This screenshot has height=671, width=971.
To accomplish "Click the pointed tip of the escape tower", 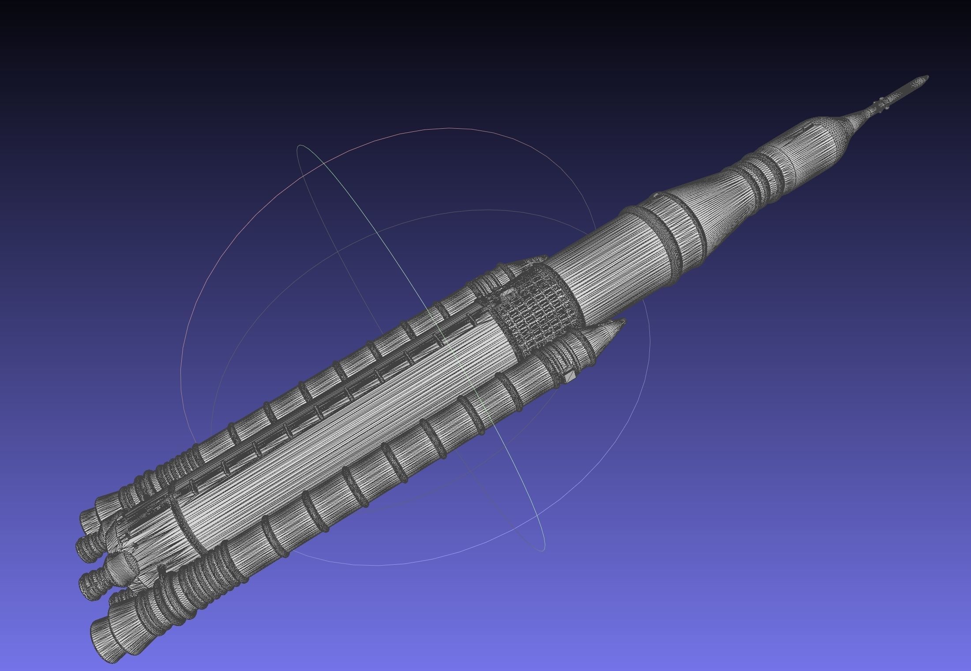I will tap(927, 77).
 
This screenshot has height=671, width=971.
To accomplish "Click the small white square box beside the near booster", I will tap(570, 377).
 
